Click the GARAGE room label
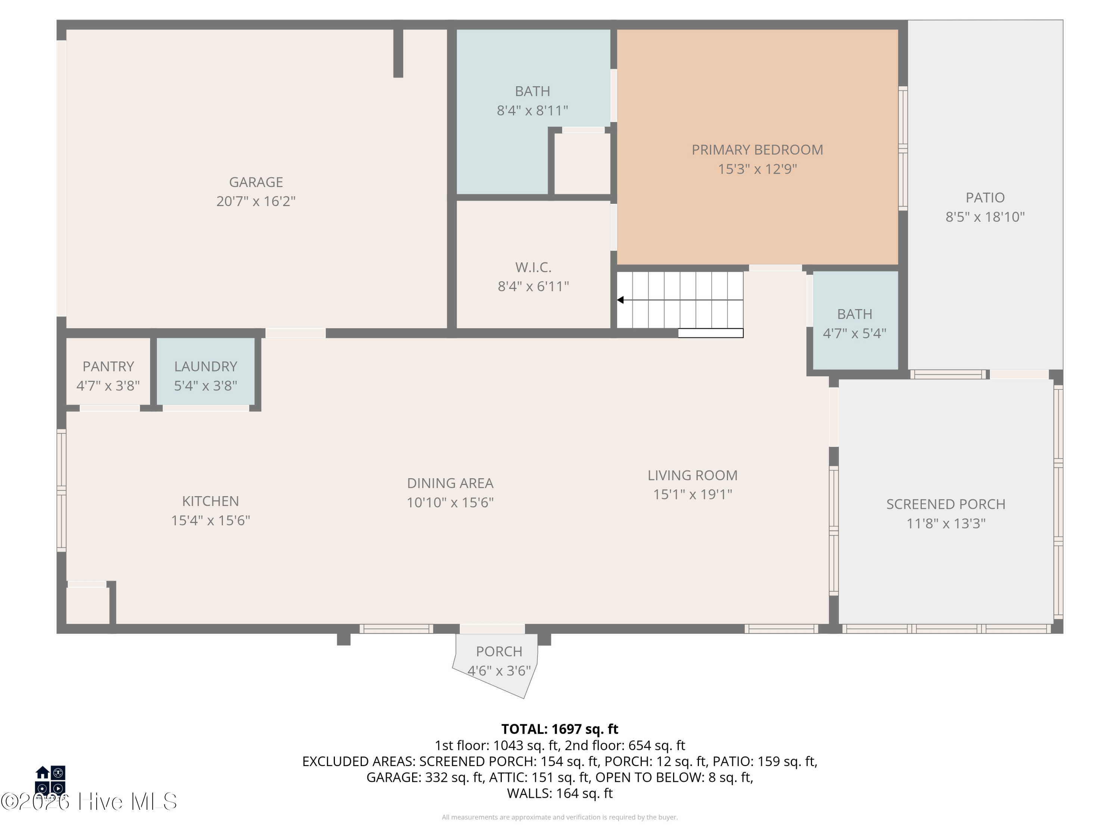click(x=256, y=182)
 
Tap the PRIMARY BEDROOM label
click(x=757, y=150)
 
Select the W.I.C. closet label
click(x=533, y=267)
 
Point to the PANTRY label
click(x=108, y=367)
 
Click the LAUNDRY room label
click(x=206, y=367)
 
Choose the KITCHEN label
click(x=211, y=501)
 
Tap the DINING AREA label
click(x=450, y=483)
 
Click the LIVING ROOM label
click(x=693, y=476)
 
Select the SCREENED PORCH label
click(x=946, y=504)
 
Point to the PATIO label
click(x=985, y=197)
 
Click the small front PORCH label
click(x=499, y=651)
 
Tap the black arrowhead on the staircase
click(x=620, y=300)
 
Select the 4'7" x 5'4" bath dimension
click(x=855, y=333)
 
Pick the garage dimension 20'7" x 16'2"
click(x=256, y=202)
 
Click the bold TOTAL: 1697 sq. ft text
click(x=560, y=729)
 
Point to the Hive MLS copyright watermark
click(x=89, y=802)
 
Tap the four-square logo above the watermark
click(x=50, y=780)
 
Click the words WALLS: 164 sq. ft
click(x=560, y=793)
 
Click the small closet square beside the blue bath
click(x=582, y=164)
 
